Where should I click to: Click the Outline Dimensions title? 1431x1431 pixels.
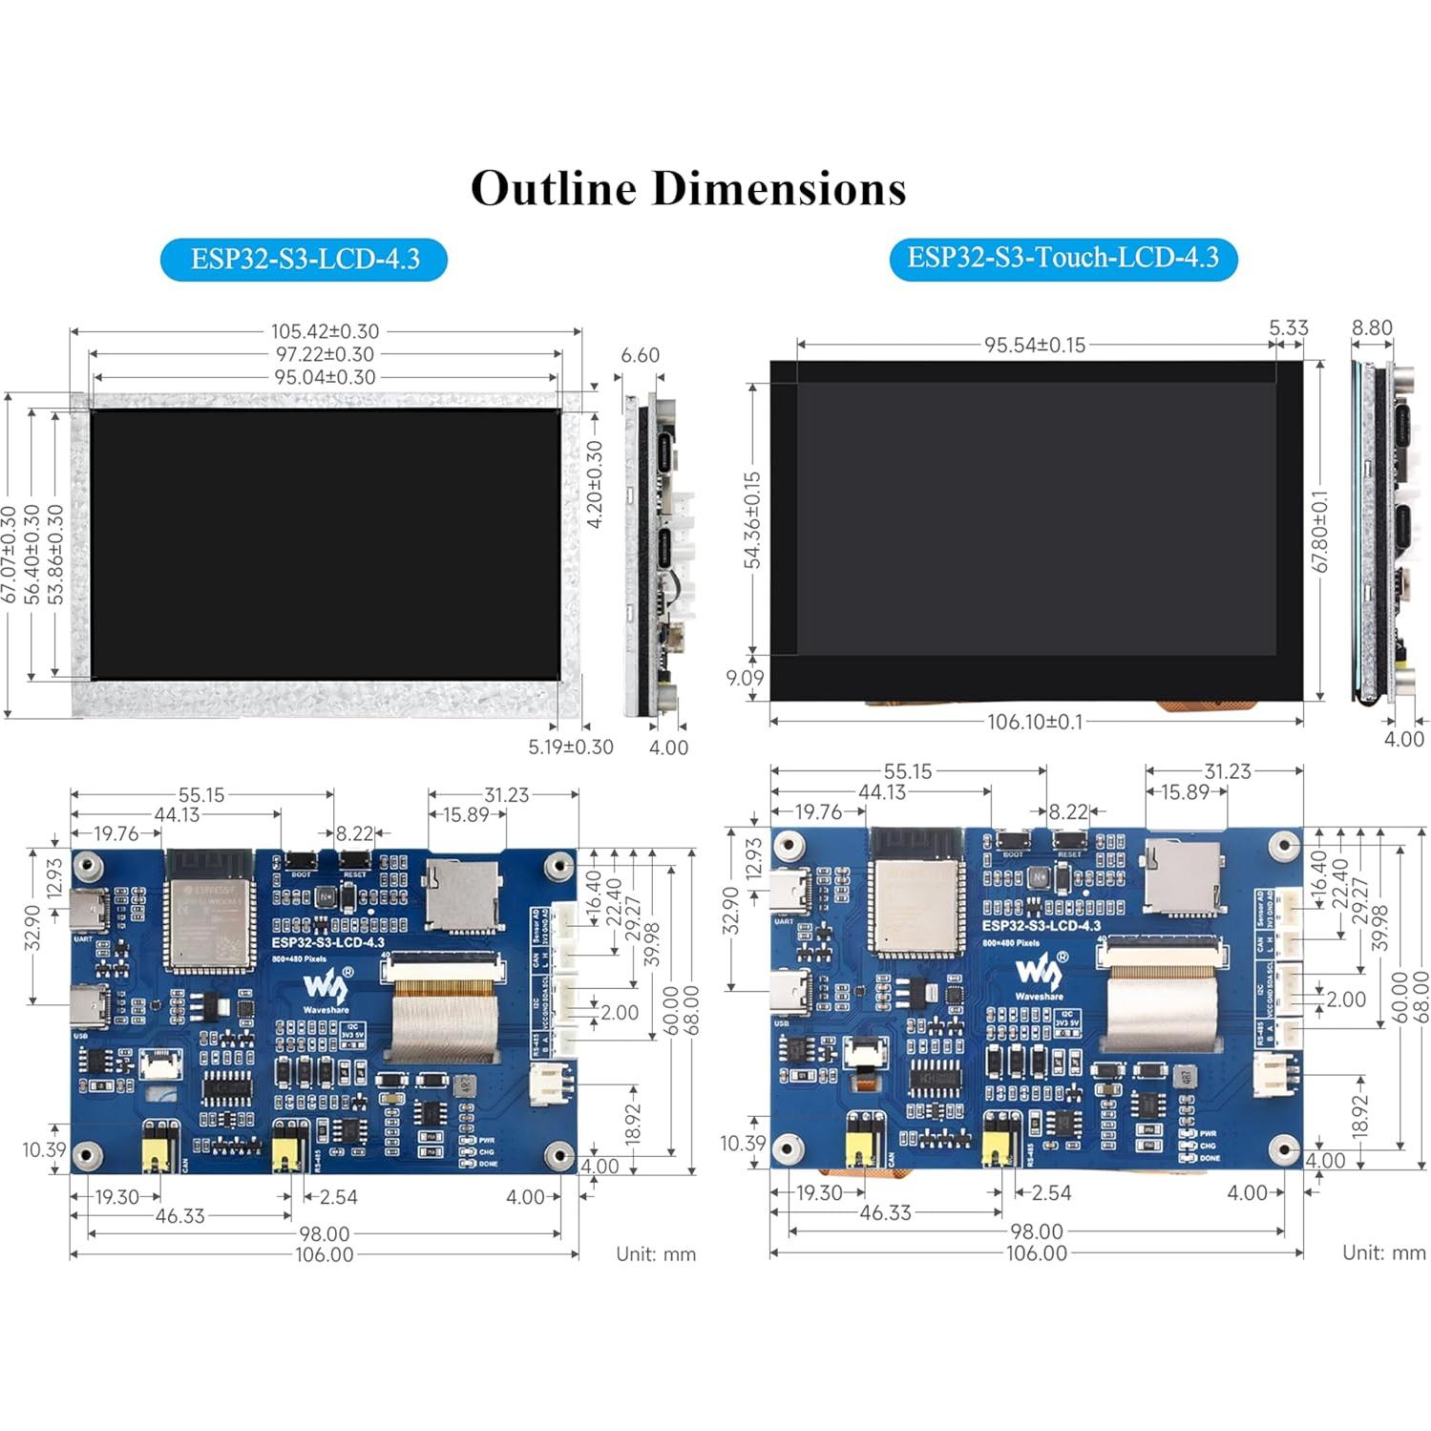point(687,188)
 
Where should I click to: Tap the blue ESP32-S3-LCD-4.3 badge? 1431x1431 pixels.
point(304,260)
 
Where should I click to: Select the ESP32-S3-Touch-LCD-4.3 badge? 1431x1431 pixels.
point(1063,258)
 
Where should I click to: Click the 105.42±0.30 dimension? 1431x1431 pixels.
point(325,331)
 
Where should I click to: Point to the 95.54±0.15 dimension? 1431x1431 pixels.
point(1035,346)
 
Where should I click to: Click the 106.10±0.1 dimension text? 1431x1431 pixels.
point(1035,722)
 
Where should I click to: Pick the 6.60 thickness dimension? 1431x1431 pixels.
point(640,355)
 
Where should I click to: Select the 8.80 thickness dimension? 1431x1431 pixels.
point(1372,327)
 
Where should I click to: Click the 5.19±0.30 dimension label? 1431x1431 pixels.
point(570,747)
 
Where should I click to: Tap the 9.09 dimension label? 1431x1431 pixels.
point(745,678)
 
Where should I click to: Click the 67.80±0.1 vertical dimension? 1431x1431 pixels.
point(1320,532)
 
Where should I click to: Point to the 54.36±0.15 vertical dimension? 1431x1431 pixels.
point(753,520)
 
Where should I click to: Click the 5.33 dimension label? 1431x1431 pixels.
point(1288,327)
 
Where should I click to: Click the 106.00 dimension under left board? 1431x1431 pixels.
point(325,1254)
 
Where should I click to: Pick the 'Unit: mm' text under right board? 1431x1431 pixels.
point(1383,1252)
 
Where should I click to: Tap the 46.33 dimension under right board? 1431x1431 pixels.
point(885,1213)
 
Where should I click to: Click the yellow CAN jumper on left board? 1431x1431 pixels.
point(160,1147)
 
